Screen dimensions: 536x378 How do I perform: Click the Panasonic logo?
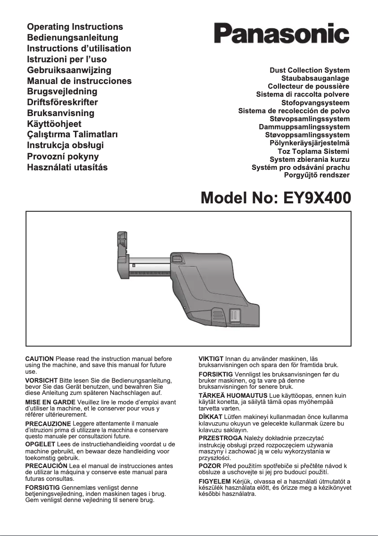pos(281,34)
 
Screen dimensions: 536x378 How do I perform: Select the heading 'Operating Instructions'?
pos(75,27)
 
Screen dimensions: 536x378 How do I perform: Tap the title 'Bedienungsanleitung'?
pos(73,38)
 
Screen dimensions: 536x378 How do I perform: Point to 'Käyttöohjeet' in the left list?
pos(54,124)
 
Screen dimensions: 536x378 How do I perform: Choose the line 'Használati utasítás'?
pos(67,167)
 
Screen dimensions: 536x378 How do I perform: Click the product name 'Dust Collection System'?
pos(309,70)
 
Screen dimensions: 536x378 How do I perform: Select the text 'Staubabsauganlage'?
pos(315,78)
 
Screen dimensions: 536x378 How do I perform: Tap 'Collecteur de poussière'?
pos(308,86)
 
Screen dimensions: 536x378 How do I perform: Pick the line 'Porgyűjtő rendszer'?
pos(317,175)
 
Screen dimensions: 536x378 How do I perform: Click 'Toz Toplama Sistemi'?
pos(313,151)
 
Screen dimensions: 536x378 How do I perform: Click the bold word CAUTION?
pos(39,360)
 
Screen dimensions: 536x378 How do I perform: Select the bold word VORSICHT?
pos(41,380)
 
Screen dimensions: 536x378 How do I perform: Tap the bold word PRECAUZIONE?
pos(48,424)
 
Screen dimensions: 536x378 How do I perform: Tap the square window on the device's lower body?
pos(234,316)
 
